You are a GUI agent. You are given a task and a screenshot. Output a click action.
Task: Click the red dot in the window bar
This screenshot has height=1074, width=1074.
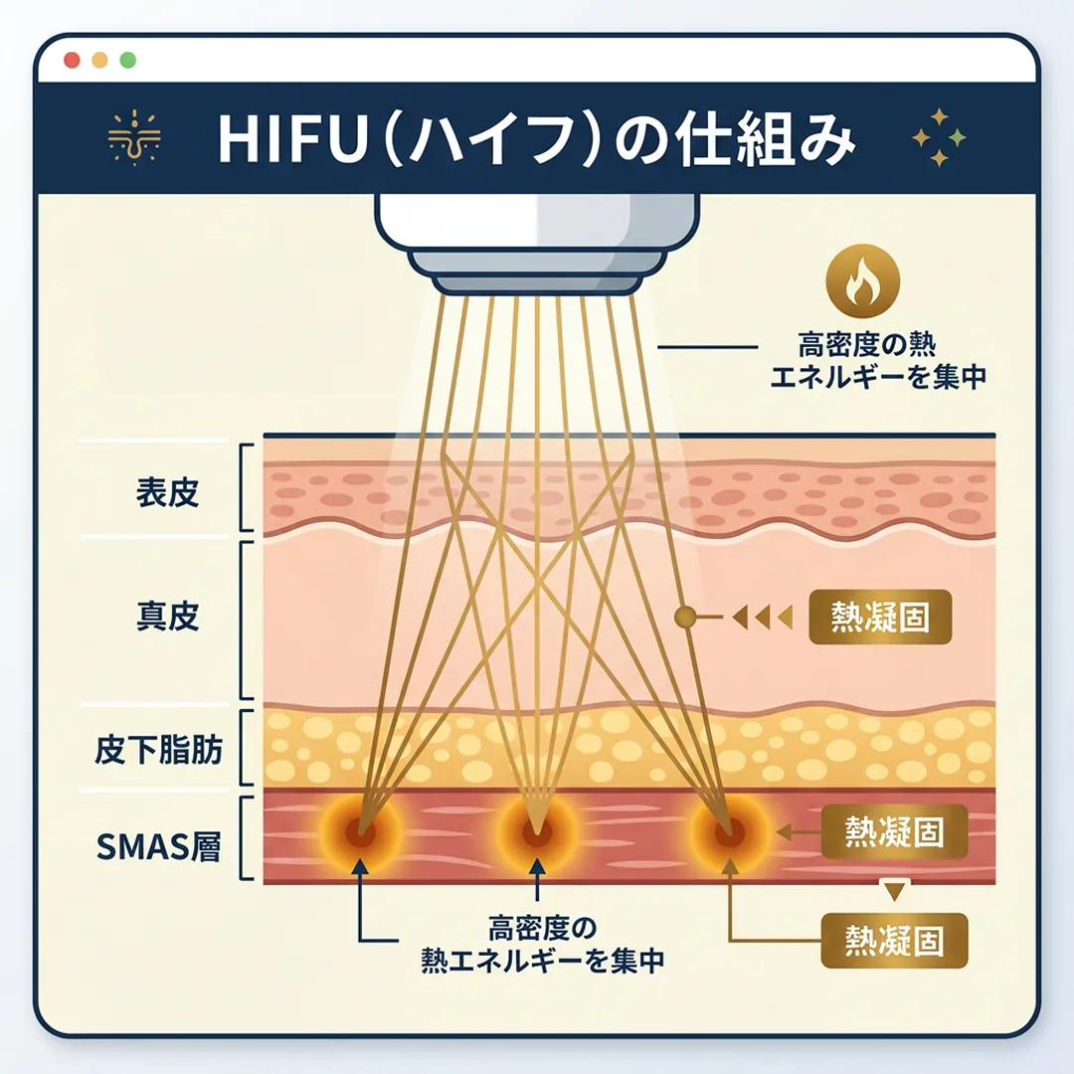point(72,60)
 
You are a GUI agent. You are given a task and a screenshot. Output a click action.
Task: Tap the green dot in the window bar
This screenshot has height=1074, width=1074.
point(127,60)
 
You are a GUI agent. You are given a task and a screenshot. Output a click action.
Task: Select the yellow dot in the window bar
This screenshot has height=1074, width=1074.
point(99,60)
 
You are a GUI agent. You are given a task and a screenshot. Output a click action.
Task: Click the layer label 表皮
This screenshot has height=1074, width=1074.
point(168,494)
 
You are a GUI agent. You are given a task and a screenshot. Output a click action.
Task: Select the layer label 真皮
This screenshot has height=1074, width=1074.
point(168,617)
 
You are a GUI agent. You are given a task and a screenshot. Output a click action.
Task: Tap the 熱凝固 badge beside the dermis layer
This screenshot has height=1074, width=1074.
point(880,618)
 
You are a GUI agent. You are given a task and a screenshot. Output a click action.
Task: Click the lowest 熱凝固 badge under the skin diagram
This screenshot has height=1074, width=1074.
point(893,940)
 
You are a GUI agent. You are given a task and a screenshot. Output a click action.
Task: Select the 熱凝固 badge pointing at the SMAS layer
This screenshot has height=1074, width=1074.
point(893,830)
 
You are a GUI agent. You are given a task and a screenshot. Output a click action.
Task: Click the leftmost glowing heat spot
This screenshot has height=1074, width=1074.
point(360,833)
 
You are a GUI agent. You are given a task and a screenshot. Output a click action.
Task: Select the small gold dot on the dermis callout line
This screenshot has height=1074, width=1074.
point(682,618)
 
